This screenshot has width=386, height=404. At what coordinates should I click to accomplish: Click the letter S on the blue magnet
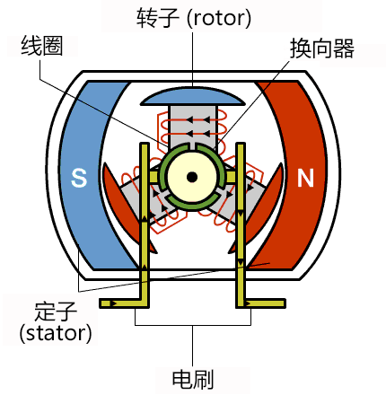pyautogui.click(x=79, y=180)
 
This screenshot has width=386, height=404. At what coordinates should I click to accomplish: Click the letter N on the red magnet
pyautogui.click(x=306, y=179)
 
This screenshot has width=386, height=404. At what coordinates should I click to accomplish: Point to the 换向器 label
pyautogui.click(x=320, y=50)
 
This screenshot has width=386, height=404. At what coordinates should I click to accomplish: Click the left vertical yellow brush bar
pyautogui.click(x=143, y=242)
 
